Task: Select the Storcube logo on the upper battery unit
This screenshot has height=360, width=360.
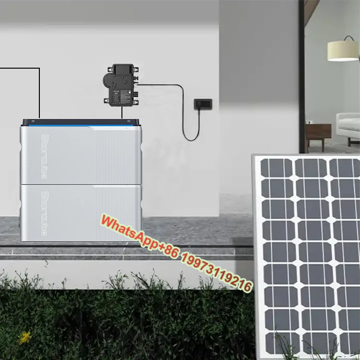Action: tap(44, 156)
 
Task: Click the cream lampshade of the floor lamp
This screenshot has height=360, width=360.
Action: tap(343, 50)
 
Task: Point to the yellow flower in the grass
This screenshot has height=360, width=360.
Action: tap(25, 337)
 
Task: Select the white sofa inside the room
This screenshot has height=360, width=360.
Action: tap(348, 126)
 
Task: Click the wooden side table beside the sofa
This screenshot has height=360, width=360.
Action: tap(318, 133)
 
